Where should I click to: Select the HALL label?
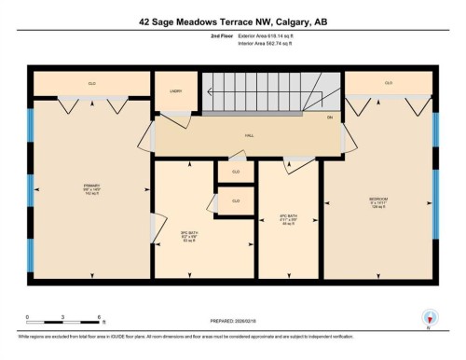click(x=250, y=135)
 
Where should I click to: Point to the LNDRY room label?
click(x=174, y=92)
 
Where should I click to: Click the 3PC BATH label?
click(x=185, y=233)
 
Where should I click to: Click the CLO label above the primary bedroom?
click(x=91, y=84)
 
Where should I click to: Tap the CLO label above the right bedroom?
click(x=388, y=84)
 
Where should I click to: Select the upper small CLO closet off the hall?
click(x=236, y=172)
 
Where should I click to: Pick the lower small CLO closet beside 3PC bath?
click(x=236, y=201)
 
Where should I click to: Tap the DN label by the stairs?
click(x=330, y=117)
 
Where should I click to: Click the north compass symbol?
click(x=428, y=317)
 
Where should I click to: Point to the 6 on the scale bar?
click(x=98, y=317)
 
